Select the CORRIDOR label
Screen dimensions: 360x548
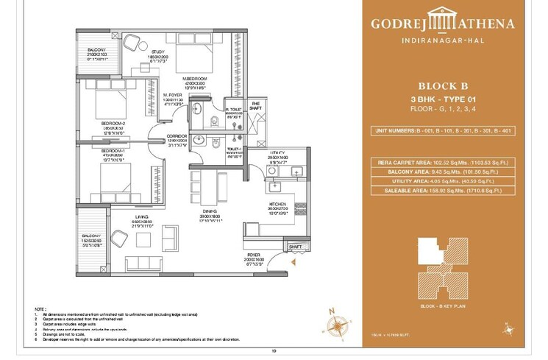[176, 136]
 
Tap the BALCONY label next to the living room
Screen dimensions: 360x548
[90, 236]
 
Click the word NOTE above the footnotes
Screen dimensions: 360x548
[40, 309]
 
